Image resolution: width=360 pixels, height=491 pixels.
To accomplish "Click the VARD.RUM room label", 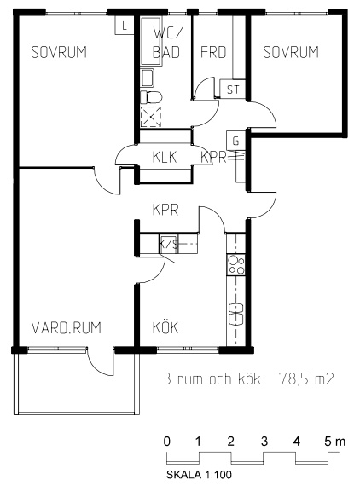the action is pos(67,328).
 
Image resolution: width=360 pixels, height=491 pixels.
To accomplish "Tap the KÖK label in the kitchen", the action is pos(165,327).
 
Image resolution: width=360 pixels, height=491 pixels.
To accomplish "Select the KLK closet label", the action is pos(165,157).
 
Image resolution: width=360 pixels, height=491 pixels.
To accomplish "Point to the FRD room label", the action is pos(213,52).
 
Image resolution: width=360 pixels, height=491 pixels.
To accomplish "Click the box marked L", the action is pos(125,25).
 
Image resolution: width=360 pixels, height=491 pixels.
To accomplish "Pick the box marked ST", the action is pos(233,90).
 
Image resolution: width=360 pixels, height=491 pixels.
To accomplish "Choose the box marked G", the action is pos(235,142).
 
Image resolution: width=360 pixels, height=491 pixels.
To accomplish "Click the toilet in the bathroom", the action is pos(151,97).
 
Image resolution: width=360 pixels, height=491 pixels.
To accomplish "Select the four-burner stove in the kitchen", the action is pos(235,265).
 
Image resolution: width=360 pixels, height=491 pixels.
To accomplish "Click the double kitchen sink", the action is pos(236,314).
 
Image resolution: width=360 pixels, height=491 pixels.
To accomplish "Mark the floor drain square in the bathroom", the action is pos(151,117).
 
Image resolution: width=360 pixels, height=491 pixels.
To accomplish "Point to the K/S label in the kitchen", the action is pos(169,244).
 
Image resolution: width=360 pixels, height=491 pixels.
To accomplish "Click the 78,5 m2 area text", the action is pos(306,378).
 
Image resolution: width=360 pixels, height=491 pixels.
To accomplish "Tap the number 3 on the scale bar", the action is pos(264,442).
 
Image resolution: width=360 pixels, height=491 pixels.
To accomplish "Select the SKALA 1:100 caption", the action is pos(200,475).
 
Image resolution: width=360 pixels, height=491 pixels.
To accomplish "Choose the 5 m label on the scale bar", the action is pos(334,442).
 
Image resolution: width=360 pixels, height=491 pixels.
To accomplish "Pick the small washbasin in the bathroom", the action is pos(148,78).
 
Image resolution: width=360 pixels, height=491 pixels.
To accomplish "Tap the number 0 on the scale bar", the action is pos(167,442).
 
